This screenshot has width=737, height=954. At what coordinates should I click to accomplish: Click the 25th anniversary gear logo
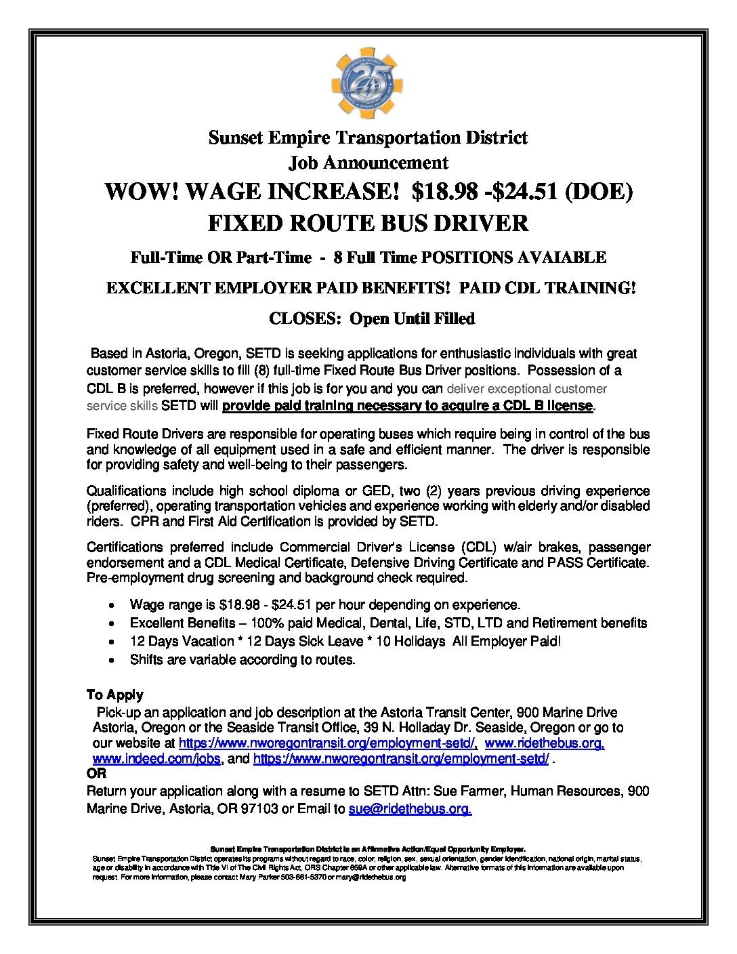pyautogui.click(x=368, y=83)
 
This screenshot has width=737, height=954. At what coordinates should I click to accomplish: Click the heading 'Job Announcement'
pyautogui.click(x=368, y=163)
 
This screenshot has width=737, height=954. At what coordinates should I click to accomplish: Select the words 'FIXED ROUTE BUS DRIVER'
pyautogui.click(x=368, y=223)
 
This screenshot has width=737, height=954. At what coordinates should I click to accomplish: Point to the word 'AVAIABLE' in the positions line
pyautogui.click(x=562, y=257)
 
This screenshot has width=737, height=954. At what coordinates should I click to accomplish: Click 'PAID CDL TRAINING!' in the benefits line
pyautogui.click(x=547, y=288)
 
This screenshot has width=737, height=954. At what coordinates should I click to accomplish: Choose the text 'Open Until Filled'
pyautogui.click(x=412, y=318)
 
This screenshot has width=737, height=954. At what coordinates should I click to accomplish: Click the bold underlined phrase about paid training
pyautogui.click(x=407, y=406)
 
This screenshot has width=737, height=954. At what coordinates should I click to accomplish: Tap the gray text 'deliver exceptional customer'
pyautogui.click(x=526, y=389)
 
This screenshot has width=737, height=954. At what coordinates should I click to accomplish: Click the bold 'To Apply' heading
pyautogui.click(x=115, y=694)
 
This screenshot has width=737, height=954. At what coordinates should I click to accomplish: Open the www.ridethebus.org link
pyautogui.click(x=545, y=743)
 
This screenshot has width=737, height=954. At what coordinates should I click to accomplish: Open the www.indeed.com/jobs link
pyautogui.click(x=156, y=759)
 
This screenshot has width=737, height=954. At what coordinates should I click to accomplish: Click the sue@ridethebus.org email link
pyautogui.click(x=410, y=809)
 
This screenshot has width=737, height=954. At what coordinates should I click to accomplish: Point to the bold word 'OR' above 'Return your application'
pyautogui.click(x=96, y=773)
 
